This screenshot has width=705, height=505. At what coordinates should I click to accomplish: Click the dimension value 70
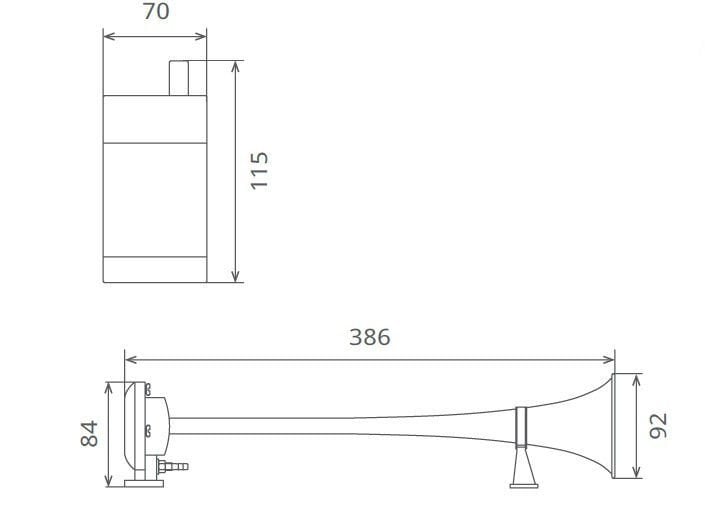click(156, 12)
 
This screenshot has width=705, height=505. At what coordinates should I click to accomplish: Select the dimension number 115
click(260, 171)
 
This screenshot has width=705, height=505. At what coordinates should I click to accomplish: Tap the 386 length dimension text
click(369, 337)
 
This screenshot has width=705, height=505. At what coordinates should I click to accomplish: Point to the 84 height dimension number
click(89, 433)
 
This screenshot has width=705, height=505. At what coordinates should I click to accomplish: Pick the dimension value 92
click(658, 425)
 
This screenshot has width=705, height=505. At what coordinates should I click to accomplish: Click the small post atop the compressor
click(180, 77)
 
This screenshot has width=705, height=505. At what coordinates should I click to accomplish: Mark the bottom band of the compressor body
click(155, 269)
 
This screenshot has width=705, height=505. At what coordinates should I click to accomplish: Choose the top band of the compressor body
click(155, 118)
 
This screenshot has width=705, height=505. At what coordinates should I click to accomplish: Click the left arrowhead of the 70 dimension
click(108, 37)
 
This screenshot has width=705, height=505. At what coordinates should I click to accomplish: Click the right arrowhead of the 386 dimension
click(610, 359)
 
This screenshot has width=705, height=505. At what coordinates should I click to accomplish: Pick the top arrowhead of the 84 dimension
click(109, 387)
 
